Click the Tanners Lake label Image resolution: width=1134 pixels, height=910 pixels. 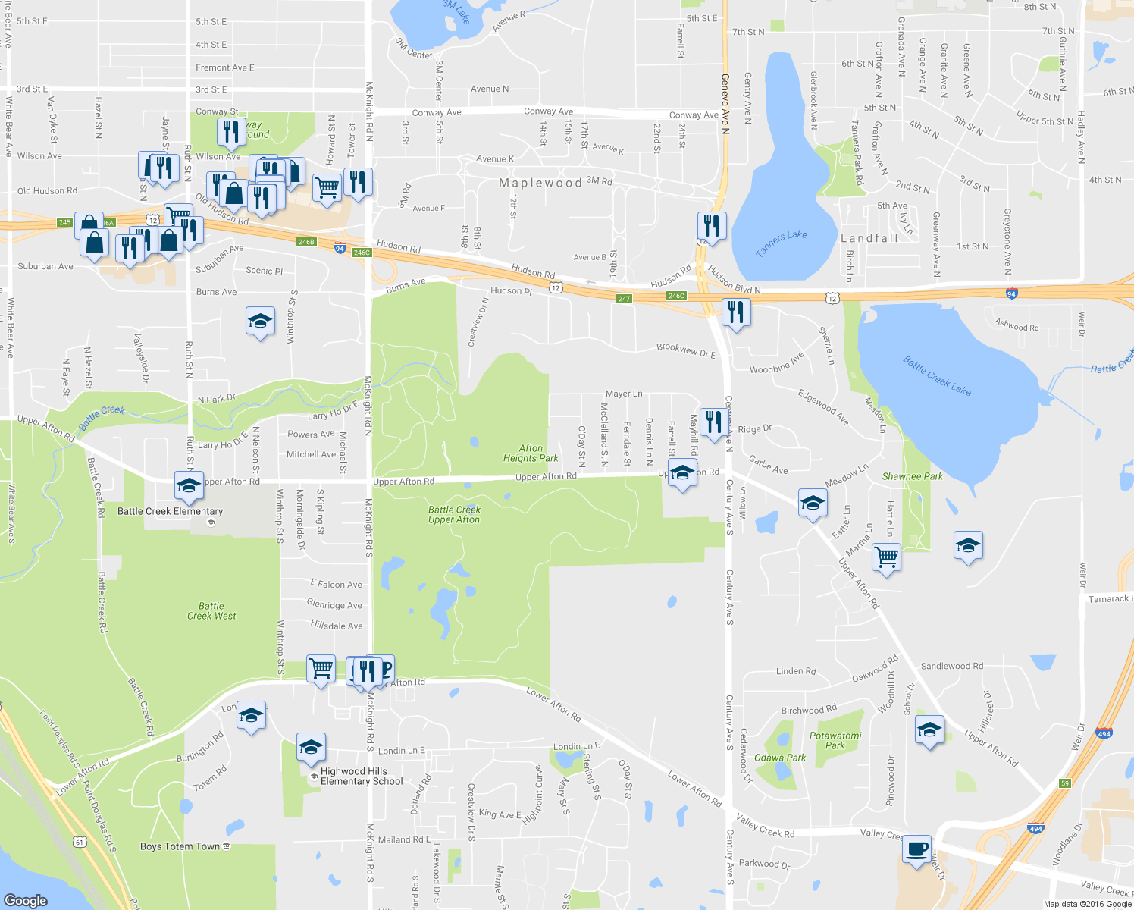[782, 243]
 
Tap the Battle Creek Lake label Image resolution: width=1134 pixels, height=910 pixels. [937, 375]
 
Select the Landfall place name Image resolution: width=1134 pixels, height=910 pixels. [869, 238]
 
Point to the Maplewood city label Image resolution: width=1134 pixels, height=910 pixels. [540, 183]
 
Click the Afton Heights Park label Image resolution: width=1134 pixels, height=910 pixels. [531, 453]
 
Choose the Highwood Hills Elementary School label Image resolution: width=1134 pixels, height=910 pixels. [361, 777]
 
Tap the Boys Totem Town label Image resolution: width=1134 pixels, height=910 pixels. [180, 846]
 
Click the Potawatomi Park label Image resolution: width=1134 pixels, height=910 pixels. [835, 740]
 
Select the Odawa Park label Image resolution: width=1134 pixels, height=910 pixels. [779, 758]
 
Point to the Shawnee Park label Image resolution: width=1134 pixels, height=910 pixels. [913, 476]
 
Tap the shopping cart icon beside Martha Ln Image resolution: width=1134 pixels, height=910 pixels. [886, 557]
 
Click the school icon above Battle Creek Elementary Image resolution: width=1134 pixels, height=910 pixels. [189, 485]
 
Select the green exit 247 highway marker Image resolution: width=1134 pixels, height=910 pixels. [624, 299]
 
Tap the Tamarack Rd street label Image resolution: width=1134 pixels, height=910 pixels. [1109, 599]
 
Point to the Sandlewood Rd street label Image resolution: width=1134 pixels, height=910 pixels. [951, 666]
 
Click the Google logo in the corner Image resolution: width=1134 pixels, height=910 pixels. [25, 900]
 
